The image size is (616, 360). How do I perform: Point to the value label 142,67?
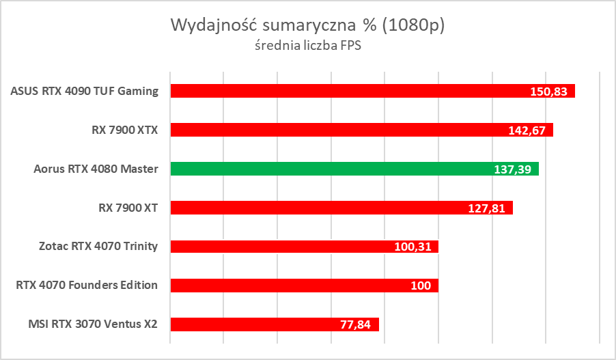(527, 130)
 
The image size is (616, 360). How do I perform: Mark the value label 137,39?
(512, 169)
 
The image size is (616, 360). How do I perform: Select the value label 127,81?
(486, 208)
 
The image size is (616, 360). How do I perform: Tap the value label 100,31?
(412, 247)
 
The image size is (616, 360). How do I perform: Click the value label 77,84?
(355, 325)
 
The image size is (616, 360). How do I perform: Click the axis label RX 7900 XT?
(129, 208)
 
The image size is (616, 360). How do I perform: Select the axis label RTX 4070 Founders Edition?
(87, 286)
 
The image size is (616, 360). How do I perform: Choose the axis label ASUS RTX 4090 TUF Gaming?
(85, 91)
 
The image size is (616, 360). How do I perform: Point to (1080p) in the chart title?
(414, 26)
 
